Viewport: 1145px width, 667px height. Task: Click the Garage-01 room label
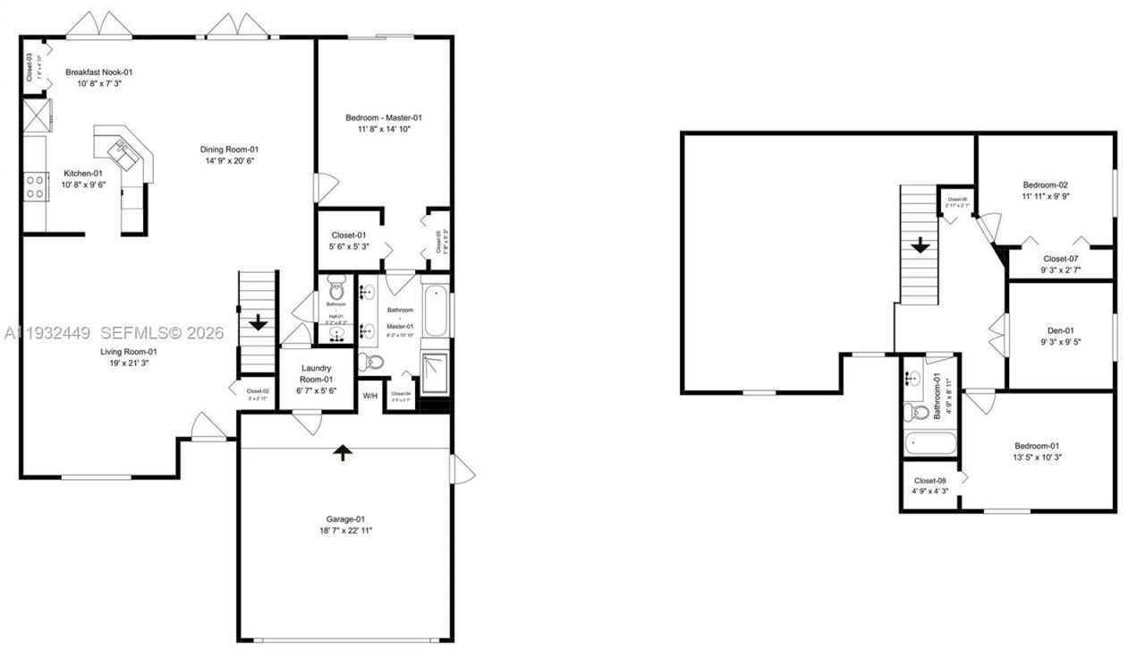point(344,518)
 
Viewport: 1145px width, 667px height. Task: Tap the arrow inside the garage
point(341,453)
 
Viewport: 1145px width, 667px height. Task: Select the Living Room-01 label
point(128,352)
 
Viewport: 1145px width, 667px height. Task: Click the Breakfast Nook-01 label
point(99,72)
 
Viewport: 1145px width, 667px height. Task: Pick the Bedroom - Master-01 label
point(384,117)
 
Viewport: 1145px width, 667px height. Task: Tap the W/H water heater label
point(370,396)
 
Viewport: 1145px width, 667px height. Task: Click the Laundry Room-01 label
point(316,368)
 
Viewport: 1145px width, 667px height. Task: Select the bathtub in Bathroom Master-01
point(435,310)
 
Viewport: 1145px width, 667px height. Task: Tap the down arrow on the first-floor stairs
point(259,321)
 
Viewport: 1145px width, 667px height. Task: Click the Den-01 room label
point(1060,329)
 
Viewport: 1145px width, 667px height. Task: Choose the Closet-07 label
point(1061,259)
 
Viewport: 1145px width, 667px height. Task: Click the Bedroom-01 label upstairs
point(1037,446)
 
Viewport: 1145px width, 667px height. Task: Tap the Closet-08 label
point(929,480)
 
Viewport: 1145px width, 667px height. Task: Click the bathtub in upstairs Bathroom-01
point(930,443)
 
